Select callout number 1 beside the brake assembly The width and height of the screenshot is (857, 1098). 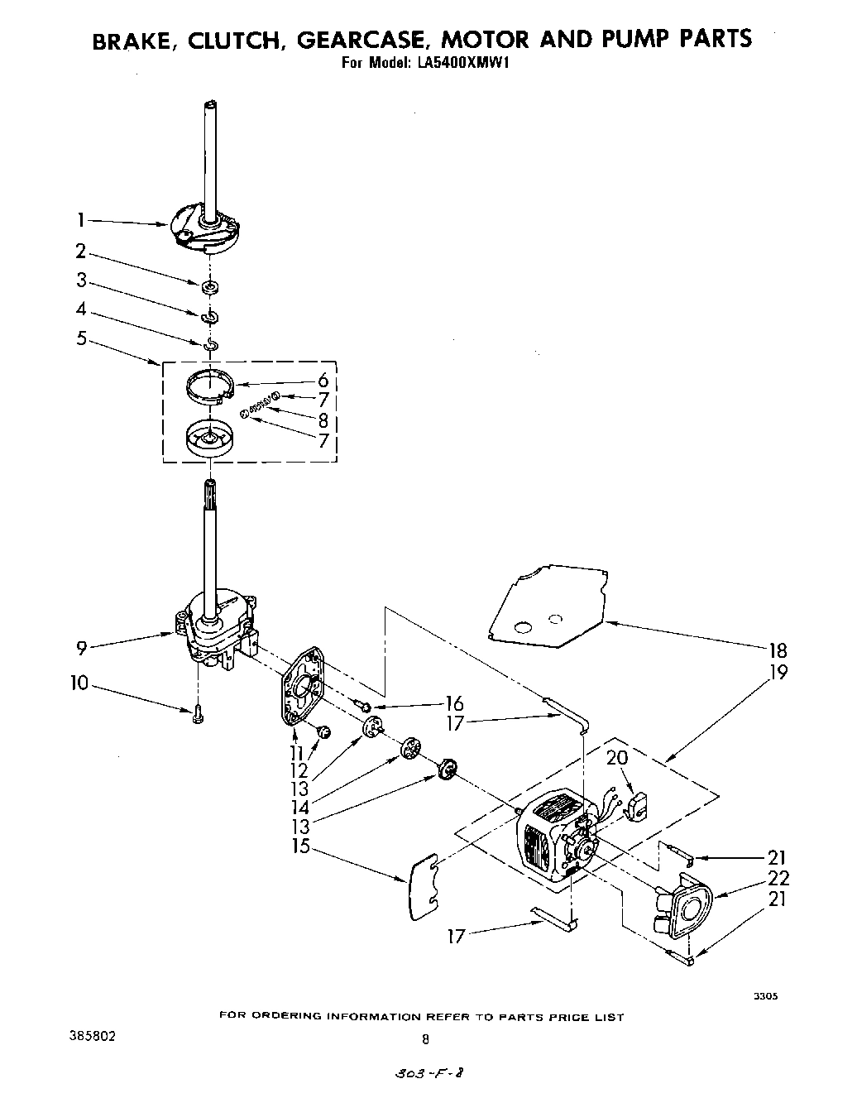tap(81, 220)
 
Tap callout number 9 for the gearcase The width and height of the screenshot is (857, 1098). tap(81, 648)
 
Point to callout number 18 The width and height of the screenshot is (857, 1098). tap(778, 650)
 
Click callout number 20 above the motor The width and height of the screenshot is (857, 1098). tap(616, 757)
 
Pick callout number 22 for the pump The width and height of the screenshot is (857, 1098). tap(778, 879)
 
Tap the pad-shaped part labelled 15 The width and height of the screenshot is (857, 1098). tap(424, 887)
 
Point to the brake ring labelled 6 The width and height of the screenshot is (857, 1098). tap(207, 386)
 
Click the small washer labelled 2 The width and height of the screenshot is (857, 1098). tap(210, 287)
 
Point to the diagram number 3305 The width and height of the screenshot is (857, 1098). tap(764, 997)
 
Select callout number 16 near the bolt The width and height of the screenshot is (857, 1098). tap(453, 704)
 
